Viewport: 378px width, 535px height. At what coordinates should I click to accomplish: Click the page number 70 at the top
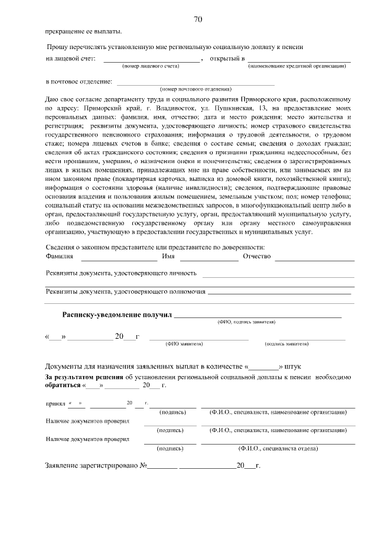pyautogui.click(x=198, y=20)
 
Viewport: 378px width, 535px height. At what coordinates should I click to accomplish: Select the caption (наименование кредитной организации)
pyautogui.click(x=296, y=66)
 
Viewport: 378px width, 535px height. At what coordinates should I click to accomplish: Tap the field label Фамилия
pyautogui.click(x=59, y=257)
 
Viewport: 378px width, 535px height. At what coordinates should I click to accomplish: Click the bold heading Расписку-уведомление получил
pyautogui.click(x=117, y=315)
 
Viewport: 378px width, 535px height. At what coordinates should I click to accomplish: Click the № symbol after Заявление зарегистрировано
pyautogui.click(x=143, y=466)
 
